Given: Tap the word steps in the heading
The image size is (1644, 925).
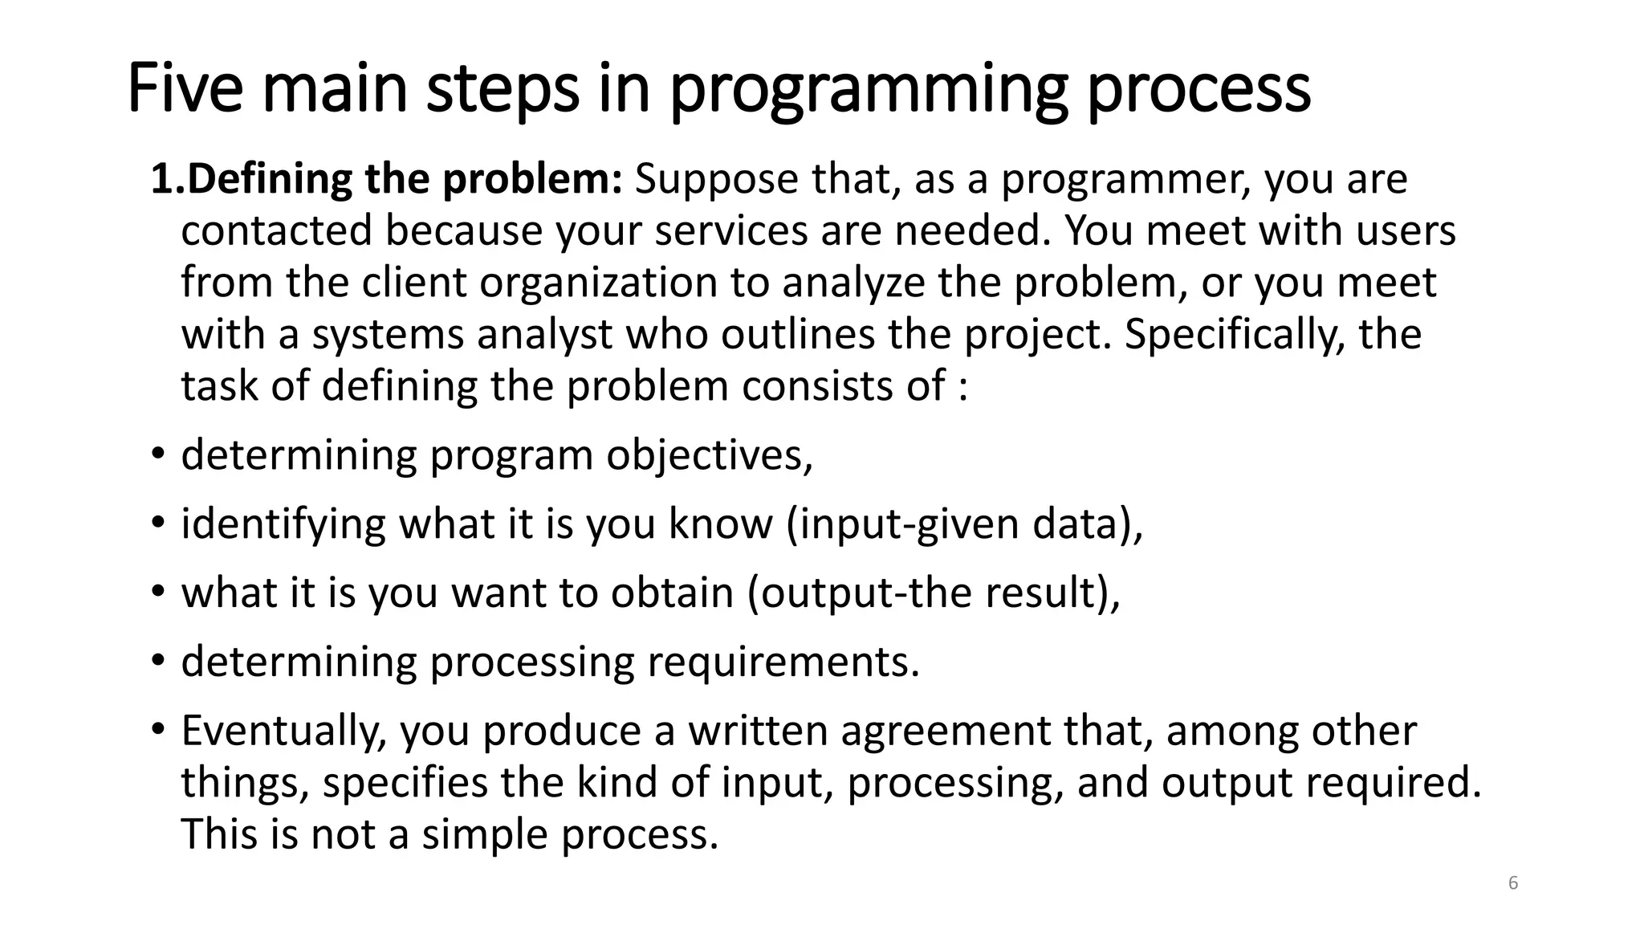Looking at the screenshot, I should pos(502,90).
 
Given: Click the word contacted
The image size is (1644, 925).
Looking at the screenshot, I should pos(276,231).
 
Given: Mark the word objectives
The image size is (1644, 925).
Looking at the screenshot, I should pos(709,456).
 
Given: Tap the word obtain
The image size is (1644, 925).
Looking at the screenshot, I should pos(672,593).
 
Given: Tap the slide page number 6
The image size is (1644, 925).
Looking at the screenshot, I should pos(1513,884).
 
